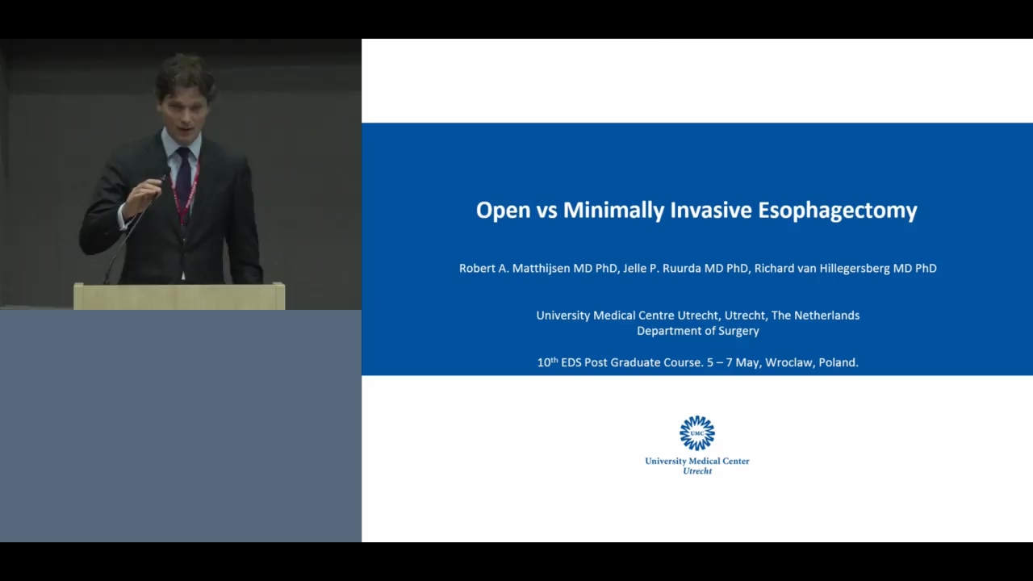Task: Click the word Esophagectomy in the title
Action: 838,211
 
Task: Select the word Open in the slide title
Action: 503,211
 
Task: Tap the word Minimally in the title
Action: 613,211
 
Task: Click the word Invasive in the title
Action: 711,210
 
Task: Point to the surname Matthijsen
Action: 541,269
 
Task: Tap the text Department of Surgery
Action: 698,331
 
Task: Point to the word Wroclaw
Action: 786,363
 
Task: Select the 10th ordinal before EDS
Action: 547,362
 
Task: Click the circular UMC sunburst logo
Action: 697,433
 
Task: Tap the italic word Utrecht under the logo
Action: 697,471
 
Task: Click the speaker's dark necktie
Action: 183,185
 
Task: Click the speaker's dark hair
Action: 186,76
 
